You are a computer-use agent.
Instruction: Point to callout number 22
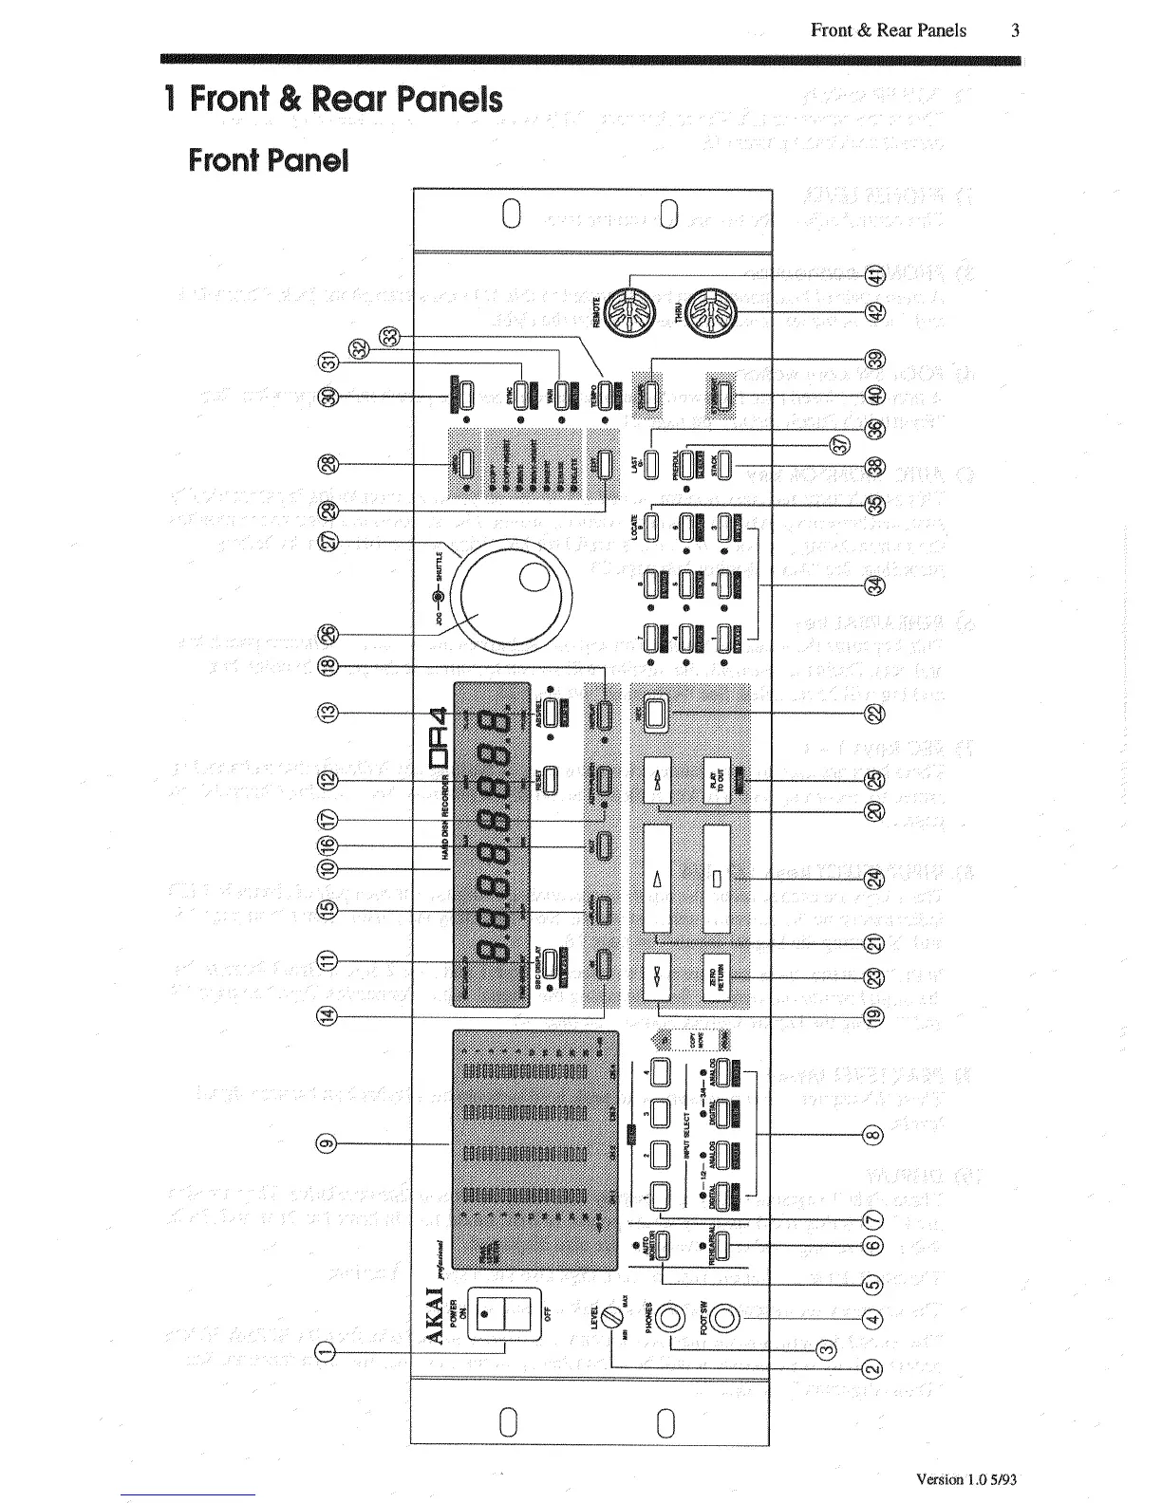tap(875, 714)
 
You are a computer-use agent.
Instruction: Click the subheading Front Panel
tap(269, 159)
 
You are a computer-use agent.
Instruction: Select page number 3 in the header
tap(1015, 30)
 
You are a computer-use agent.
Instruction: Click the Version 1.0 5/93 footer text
tap(967, 1478)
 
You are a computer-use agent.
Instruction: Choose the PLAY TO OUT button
tap(719, 778)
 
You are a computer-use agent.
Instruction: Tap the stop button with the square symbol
tap(719, 878)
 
